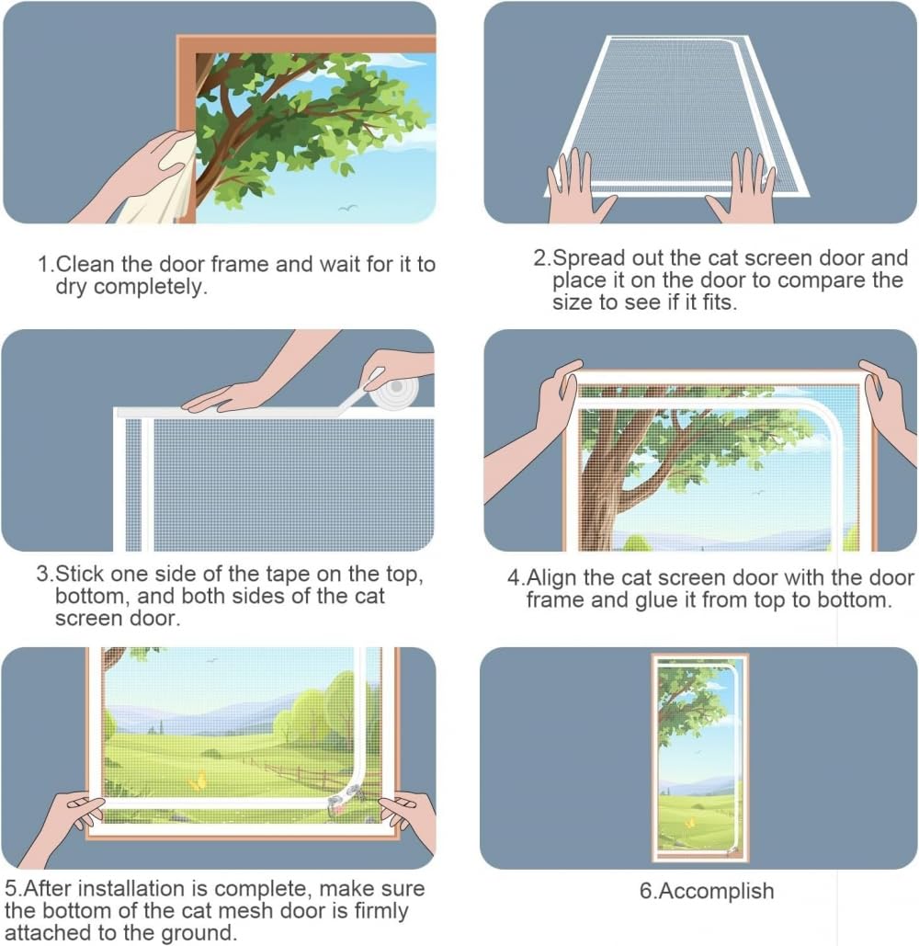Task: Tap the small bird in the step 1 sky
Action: pyautogui.click(x=347, y=208)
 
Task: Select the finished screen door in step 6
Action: pyautogui.click(x=700, y=758)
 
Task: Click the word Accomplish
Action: pyautogui.click(x=715, y=891)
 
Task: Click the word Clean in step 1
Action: pyautogui.click(x=85, y=264)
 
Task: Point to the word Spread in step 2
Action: pyautogui.click(x=588, y=258)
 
